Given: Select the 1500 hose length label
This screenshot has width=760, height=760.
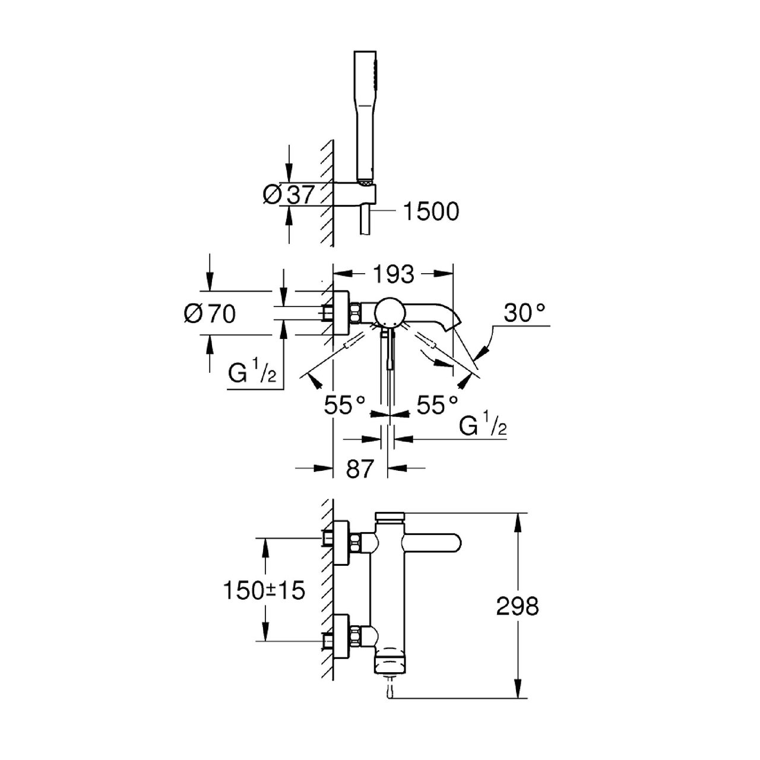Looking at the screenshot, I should pos(431,211).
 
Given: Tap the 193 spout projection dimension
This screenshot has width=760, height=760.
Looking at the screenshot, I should pos(394,274).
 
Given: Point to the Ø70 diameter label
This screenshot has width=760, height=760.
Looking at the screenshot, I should pos(209,313).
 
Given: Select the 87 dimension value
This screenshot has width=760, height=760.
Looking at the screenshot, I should pos(360,468).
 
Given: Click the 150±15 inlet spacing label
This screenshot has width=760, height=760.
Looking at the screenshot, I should pos(264,590).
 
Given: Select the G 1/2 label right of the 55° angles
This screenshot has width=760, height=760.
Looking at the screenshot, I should pos(483,426).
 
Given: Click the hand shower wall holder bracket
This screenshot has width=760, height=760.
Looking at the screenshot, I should pos(356,193).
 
